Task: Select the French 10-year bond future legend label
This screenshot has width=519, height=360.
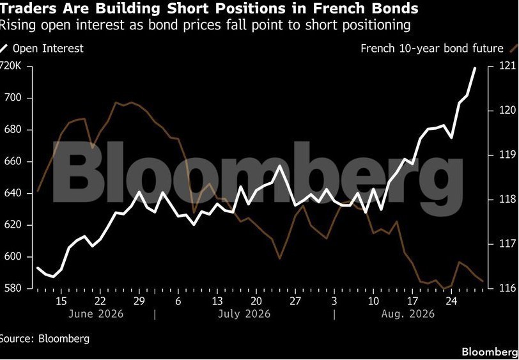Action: coord(432,49)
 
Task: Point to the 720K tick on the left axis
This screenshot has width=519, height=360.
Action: coord(11,67)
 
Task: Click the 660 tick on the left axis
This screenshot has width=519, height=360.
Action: coord(12,162)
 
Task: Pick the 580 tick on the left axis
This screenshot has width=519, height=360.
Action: coord(12,288)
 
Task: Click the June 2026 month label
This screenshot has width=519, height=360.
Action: coord(96,313)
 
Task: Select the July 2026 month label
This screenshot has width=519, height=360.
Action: coord(244,313)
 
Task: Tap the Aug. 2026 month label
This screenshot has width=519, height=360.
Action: coord(408,313)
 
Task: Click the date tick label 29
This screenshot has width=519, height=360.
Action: coord(139,301)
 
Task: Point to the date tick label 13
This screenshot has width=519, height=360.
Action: coord(217,301)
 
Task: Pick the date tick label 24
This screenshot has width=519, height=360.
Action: coord(451,301)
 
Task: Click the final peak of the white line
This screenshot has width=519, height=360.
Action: coord(475,68)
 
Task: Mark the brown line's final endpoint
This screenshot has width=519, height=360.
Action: coord(483,281)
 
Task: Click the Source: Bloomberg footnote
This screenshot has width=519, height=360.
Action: coord(45,339)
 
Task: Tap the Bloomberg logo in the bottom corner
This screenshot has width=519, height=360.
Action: coord(490,352)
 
